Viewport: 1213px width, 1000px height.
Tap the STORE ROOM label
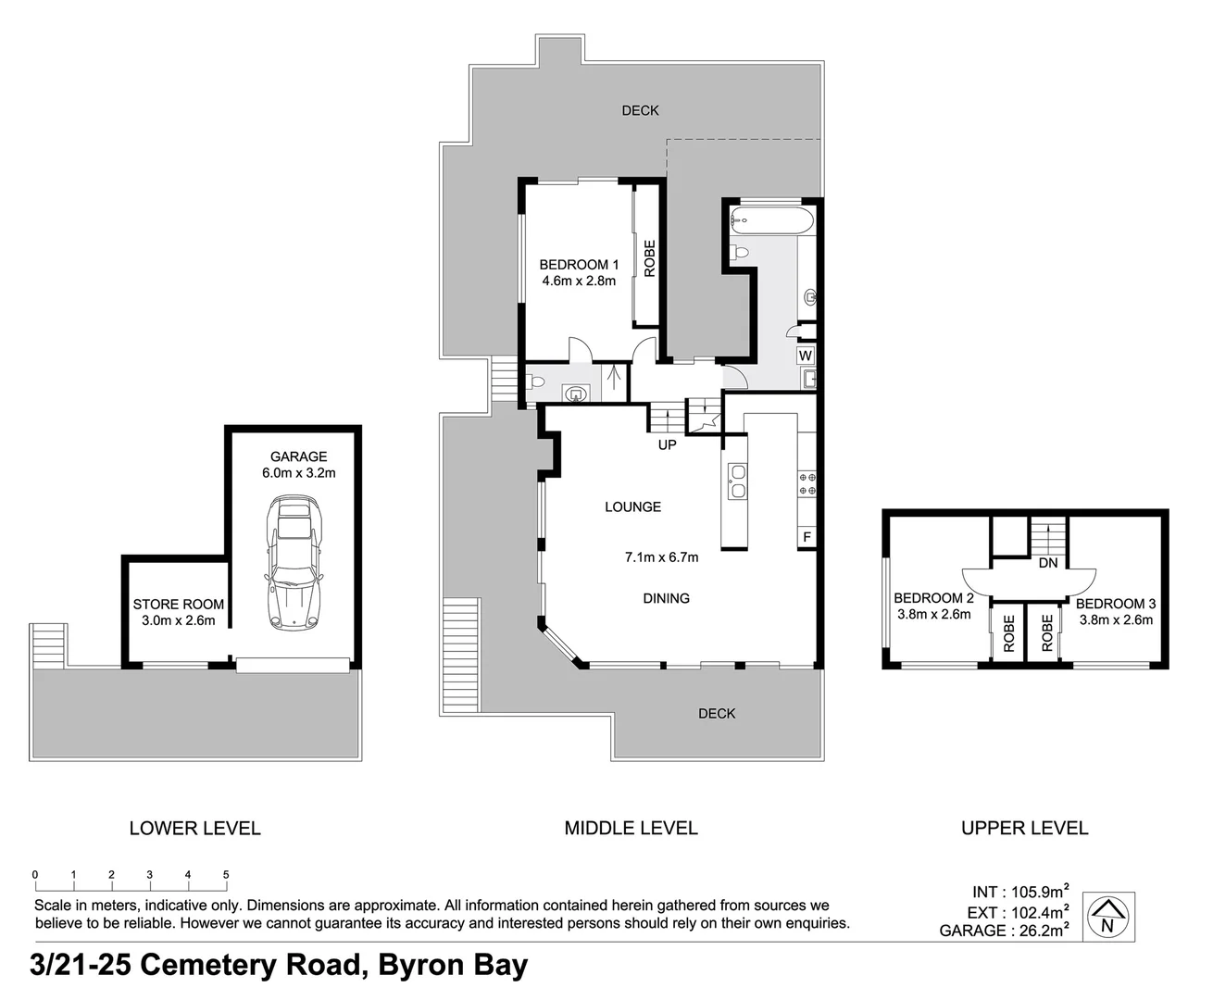178,605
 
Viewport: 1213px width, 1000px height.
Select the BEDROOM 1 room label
579,265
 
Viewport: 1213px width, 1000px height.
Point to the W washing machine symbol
805,356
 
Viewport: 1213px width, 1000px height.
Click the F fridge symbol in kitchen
807,537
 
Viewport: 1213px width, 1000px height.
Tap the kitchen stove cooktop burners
807,483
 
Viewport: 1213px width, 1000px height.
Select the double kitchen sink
737,481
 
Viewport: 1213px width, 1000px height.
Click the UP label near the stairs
667,444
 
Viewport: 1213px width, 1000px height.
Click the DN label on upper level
1047,563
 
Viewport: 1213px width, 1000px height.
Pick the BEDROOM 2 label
932,598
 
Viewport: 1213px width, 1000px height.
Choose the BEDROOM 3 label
1115,604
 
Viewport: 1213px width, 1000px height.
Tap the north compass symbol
1108,917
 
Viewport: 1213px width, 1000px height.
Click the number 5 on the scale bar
226,875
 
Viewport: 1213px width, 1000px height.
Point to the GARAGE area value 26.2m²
1040,931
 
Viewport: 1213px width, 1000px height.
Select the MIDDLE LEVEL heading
631,828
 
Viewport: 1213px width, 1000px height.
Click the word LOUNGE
632,506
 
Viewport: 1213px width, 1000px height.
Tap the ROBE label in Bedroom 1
649,258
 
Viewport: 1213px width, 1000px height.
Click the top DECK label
640,110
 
